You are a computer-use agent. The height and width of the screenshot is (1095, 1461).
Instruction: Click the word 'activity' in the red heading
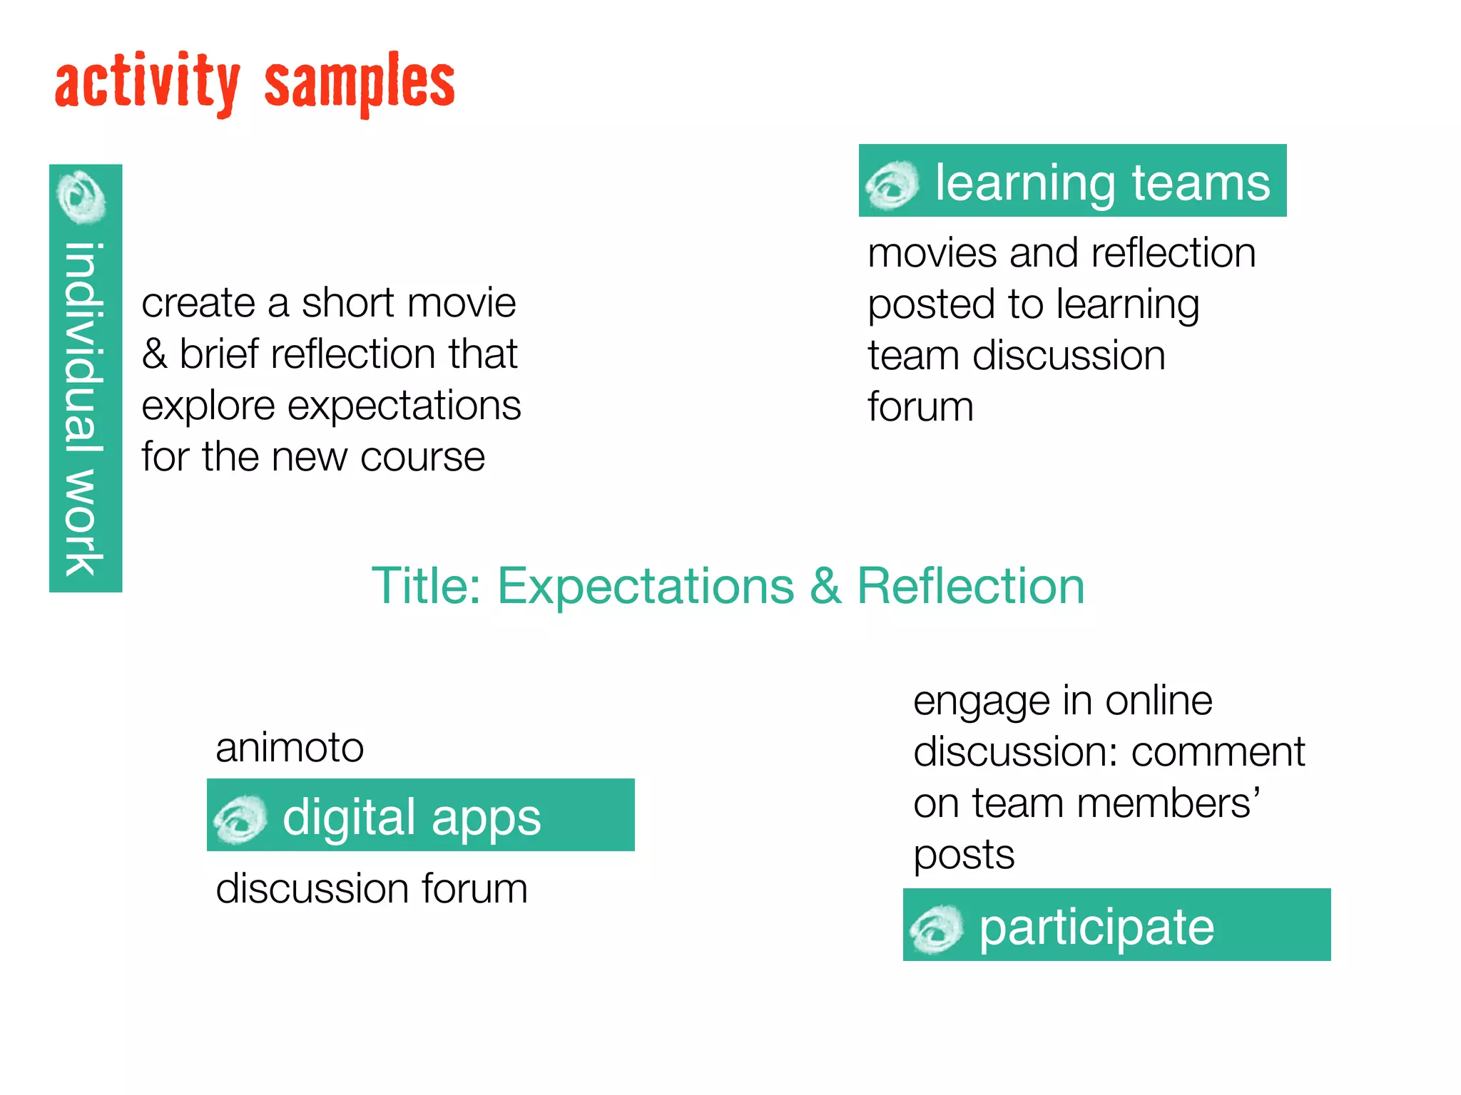(146, 84)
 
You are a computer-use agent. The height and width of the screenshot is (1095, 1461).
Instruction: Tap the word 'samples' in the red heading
(359, 84)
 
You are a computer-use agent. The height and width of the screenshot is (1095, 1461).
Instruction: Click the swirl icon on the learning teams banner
(891, 185)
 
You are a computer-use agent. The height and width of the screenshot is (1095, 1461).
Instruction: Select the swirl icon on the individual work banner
(83, 197)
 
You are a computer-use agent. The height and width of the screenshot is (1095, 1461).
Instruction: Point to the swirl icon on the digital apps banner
(240, 818)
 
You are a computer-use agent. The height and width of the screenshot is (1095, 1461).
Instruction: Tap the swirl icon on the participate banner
(936, 928)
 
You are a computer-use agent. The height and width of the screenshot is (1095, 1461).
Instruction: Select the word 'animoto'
(290, 747)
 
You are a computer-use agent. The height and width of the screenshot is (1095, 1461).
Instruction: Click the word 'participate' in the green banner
(1096, 928)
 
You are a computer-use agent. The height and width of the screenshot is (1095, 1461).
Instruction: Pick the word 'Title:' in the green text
(427, 586)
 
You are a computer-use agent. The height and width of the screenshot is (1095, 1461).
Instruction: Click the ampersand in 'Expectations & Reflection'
(825, 586)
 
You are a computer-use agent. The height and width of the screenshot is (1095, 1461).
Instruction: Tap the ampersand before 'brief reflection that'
(154, 354)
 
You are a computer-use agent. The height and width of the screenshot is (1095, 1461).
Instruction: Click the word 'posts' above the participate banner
(964, 855)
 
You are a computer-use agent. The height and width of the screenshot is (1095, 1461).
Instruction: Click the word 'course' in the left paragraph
(422, 456)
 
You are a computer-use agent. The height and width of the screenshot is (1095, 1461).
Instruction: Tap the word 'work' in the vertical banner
(84, 522)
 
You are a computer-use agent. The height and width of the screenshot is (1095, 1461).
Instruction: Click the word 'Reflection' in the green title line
(970, 586)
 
